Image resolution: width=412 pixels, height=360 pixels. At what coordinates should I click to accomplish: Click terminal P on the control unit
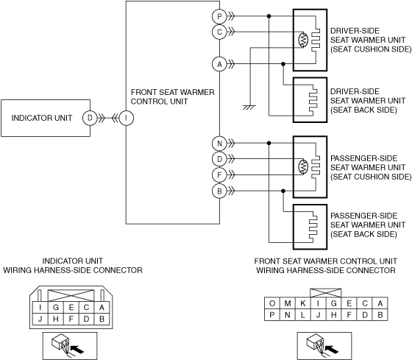(219, 16)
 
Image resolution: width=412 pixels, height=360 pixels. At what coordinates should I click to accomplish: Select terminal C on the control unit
(219, 32)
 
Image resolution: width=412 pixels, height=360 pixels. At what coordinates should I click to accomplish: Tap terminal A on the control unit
(219, 64)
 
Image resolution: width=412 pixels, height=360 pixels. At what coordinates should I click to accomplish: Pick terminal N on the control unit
(219, 144)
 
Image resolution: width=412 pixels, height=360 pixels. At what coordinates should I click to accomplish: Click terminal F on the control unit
(219, 174)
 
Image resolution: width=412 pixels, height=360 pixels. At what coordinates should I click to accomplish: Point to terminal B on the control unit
(219, 191)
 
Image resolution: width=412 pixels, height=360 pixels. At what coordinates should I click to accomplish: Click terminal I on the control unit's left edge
(126, 118)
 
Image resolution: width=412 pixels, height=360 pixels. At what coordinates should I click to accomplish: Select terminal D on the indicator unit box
(90, 118)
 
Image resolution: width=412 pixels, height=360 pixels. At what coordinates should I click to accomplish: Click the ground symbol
(249, 107)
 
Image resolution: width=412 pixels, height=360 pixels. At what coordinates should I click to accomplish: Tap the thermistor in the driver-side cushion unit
(303, 40)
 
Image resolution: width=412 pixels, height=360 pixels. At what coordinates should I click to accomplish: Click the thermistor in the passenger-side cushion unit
(303, 166)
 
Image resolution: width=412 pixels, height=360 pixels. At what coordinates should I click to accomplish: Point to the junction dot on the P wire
(269, 16)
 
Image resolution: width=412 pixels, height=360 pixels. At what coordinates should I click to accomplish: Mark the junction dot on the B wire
(283, 191)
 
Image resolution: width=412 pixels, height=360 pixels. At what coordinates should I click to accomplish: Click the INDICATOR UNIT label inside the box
(42, 118)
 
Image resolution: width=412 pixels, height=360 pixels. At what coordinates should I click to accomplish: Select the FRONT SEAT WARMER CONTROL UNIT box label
(173, 96)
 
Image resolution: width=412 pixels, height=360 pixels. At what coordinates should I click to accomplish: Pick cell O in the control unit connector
(272, 303)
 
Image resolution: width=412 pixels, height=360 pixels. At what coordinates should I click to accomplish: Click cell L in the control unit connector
(302, 315)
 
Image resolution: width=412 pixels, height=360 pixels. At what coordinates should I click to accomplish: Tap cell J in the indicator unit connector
(40, 319)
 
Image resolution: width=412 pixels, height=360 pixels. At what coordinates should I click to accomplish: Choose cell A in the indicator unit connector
(102, 307)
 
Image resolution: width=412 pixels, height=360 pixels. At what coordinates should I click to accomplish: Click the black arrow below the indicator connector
(78, 349)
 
